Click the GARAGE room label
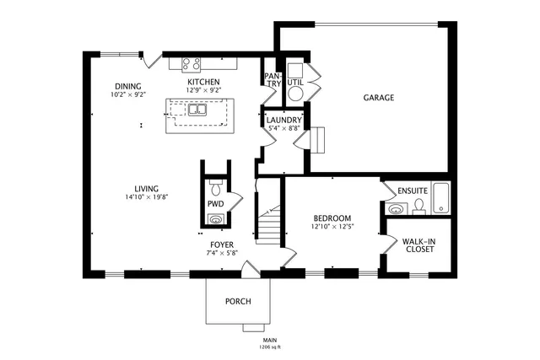[x=379, y=98]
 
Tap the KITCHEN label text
[x=203, y=82]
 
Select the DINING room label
[x=128, y=86]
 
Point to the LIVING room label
[x=147, y=188]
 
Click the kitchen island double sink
[x=198, y=110]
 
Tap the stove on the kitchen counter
[x=191, y=62]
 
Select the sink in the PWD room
[x=216, y=219]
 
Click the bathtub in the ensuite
[x=441, y=195]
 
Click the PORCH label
[x=237, y=302]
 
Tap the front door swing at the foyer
[x=251, y=268]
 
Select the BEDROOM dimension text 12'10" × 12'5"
[x=332, y=226]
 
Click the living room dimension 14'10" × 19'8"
[x=147, y=197]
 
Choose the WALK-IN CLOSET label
[x=419, y=244]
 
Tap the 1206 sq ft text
[x=270, y=347]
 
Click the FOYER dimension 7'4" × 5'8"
[x=223, y=253]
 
